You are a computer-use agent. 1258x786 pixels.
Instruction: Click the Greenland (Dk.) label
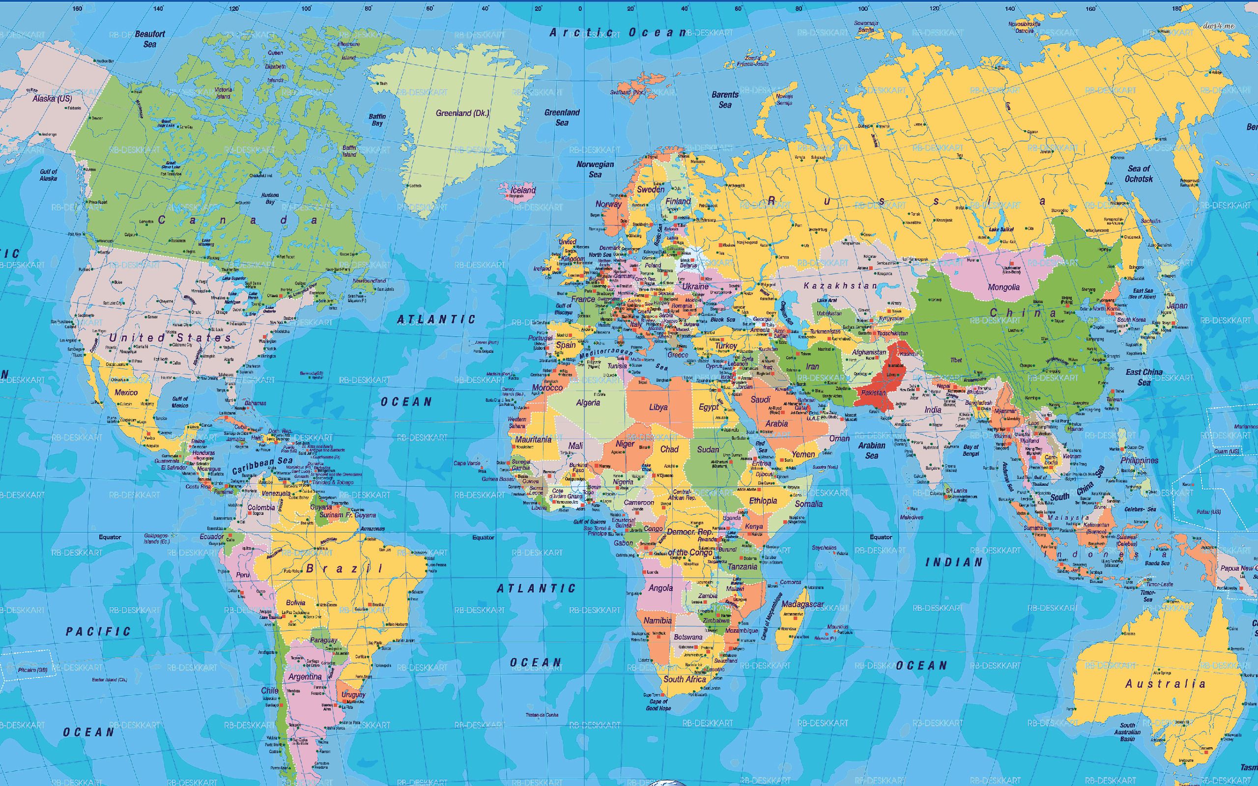click(462, 113)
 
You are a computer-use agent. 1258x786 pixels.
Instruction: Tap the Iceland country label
click(523, 190)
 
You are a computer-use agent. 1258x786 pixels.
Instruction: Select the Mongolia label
click(1004, 287)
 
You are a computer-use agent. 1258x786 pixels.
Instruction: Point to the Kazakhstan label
click(840, 285)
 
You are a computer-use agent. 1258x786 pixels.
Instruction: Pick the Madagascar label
click(802, 604)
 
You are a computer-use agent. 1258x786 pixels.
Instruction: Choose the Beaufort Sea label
click(150, 39)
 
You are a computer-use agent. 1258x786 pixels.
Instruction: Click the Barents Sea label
click(725, 99)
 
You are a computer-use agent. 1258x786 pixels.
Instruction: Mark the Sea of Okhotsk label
click(1139, 173)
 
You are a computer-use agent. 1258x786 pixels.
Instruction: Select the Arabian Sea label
click(871, 450)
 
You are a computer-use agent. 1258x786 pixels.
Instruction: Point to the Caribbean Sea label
click(262, 465)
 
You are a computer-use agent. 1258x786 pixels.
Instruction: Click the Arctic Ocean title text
click(619, 32)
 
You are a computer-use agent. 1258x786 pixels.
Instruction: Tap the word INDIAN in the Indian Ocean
click(954, 562)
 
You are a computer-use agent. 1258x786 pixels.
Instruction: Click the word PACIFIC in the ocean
click(98, 632)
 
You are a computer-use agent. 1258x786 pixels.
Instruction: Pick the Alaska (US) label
click(52, 98)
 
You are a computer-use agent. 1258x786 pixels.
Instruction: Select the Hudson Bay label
click(270, 198)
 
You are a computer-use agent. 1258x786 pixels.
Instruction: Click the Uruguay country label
click(353, 695)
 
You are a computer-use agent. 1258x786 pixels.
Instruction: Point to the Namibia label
click(658, 620)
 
